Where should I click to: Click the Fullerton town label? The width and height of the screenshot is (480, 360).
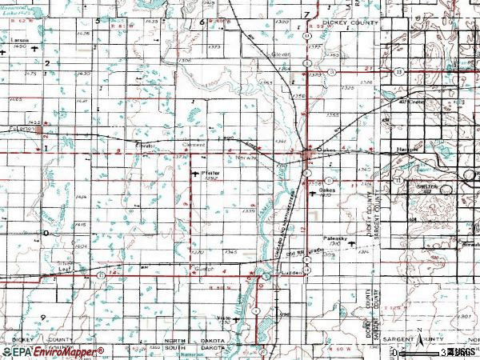tap(22, 128)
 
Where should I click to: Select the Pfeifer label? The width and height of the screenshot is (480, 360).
tap(212, 173)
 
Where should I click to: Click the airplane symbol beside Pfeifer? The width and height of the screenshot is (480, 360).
tap(197, 174)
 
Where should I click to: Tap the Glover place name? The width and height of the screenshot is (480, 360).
tap(279, 54)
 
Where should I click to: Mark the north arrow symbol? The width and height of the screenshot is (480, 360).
tap(418, 336)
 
